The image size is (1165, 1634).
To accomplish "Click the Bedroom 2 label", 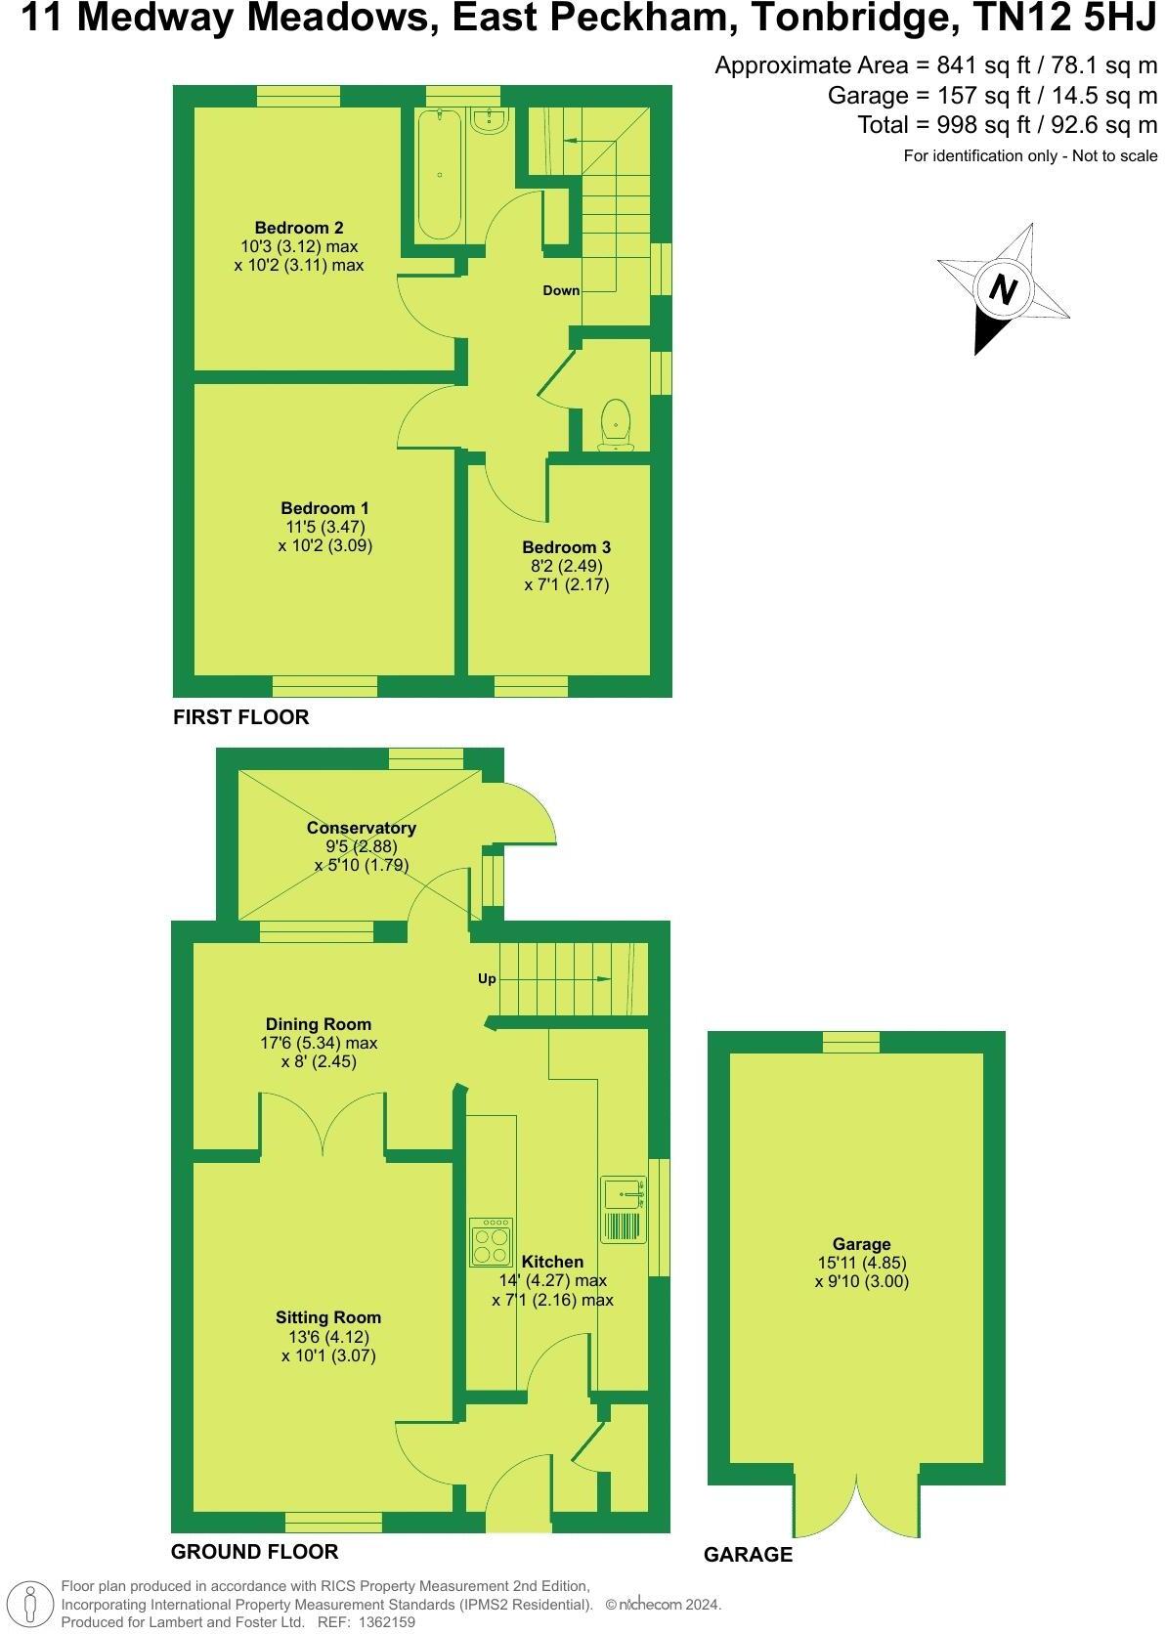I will (x=299, y=228).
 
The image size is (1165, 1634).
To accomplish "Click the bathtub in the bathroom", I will (x=439, y=174).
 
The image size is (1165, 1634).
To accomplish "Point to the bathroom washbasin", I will (x=488, y=121).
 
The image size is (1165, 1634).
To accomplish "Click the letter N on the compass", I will (x=1003, y=289).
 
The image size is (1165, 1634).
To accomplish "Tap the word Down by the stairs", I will (x=562, y=290).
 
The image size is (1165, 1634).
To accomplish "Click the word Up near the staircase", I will (x=487, y=978).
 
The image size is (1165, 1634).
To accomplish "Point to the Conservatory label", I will (x=361, y=828).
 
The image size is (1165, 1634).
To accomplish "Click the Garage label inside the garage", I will (x=861, y=1244).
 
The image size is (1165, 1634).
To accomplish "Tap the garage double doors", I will (x=856, y=1500).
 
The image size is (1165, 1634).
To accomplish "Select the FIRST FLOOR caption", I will (x=240, y=717).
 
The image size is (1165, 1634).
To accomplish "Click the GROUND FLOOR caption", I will (x=254, y=1551).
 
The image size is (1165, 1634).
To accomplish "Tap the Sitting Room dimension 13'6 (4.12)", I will (x=328, y=1337).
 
